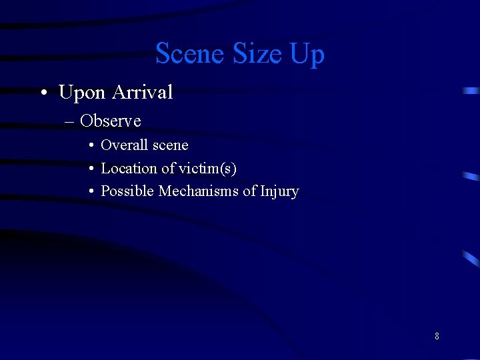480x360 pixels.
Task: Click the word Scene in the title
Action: pos(187,53)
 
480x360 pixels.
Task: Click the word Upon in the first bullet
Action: pos(83,93)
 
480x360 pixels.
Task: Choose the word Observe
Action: pos(111,121)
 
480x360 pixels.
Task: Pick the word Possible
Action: pos(127,191)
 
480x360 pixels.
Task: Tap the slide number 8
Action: pos(437,336)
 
